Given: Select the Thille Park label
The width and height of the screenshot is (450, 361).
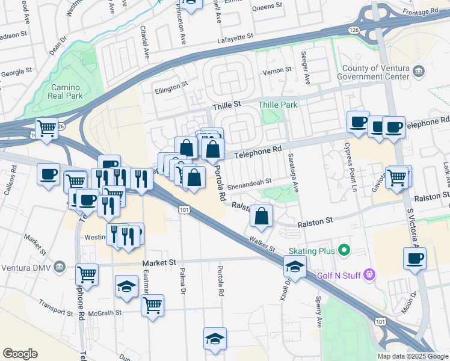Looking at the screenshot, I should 278,105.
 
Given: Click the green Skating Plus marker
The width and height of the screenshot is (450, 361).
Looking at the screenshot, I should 344,249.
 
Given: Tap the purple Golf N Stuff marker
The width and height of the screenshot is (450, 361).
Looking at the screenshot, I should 370,276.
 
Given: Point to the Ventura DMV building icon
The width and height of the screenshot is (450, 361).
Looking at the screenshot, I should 59,267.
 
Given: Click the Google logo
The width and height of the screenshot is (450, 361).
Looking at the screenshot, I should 20,354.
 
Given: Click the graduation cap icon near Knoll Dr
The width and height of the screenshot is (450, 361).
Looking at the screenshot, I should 295,266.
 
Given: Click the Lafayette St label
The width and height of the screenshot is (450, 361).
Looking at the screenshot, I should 235,38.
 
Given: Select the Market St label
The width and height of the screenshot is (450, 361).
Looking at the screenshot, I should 159,263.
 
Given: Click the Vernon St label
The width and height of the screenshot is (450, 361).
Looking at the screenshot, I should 276,71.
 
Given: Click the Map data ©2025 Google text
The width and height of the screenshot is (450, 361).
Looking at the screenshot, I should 412,356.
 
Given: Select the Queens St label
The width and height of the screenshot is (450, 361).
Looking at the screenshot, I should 268,7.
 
